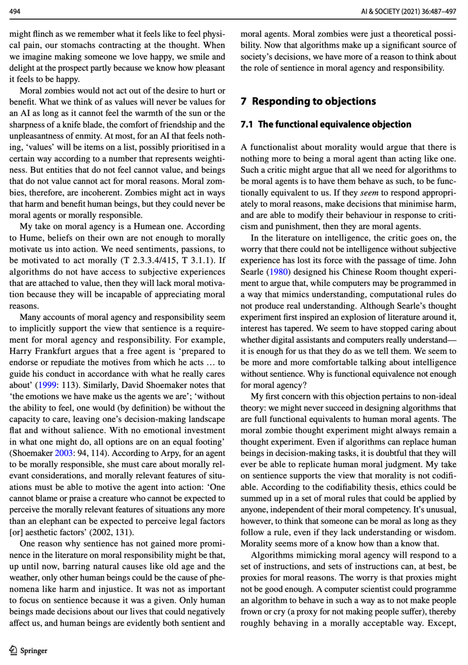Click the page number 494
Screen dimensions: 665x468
coord(15,11)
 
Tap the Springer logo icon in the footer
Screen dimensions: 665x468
coord(13,650)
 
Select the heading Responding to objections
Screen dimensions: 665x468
coord(313,101)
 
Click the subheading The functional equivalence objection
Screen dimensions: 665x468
coord(334,124)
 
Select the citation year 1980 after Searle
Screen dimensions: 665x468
coord(278,272)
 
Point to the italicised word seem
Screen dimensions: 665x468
coord(368,193)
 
